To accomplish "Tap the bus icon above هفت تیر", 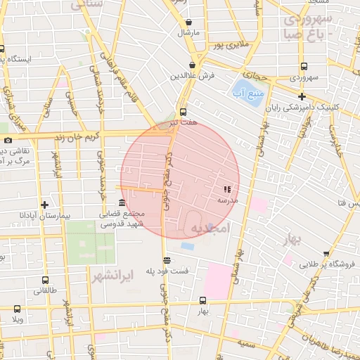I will click(x=184, y=112).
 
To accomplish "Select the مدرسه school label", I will click(x=227, y=200).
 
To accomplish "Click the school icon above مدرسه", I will click(x=226, y=190).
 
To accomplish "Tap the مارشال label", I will click(x=188, y=32).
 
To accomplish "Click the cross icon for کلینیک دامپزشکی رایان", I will click(x=302, y=96).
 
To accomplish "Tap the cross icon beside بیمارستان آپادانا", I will click(x=45, y=205).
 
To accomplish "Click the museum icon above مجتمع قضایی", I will click(x=122, y=203).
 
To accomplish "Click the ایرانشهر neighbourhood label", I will click(x=112, y=274).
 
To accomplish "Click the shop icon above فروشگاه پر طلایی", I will click(x=326, y=254).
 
